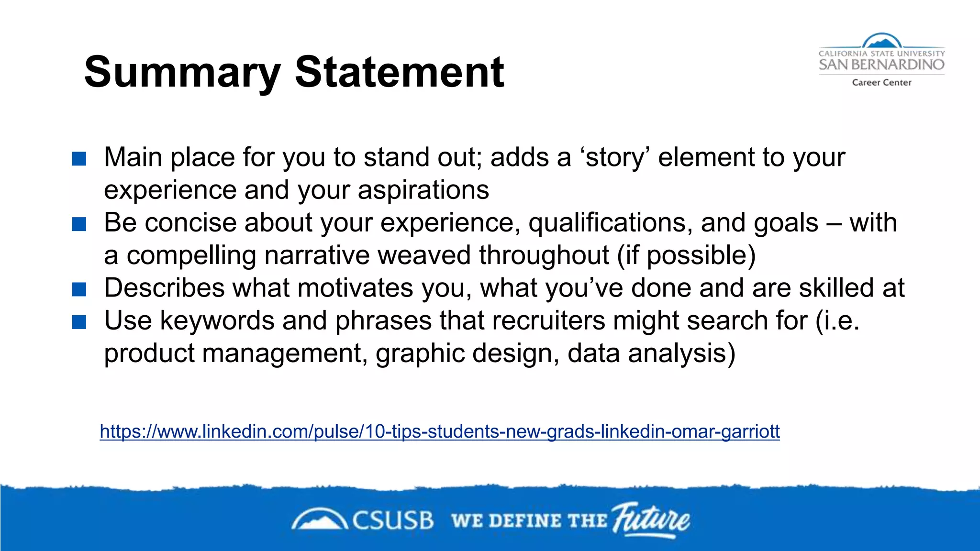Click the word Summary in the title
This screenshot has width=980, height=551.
pyautogui.click(x=182, y=73)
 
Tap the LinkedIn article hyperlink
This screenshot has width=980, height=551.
pyautogui.click(x=439, y=431)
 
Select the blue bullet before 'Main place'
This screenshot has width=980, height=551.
pyautogui.click(x=79, y=159)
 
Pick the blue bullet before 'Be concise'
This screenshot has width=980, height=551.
pyautogui.click(x=79, y=224)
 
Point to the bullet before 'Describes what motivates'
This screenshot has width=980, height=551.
pyautogui.click(x=79, y=289)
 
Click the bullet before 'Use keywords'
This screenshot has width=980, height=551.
pyautogui.click(x=79, y=322)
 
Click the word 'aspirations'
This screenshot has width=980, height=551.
pyautogui.click(x=423, y=190)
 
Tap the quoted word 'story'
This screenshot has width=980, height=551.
pyautogui.click(x=614, y=158)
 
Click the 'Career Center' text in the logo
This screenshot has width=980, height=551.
pyautogui.click(x=881, y=83)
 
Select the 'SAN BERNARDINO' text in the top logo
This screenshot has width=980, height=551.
pyautogui.click(x=881, y=65)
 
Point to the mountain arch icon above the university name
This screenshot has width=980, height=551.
pyautogui.click(x=881, y=41)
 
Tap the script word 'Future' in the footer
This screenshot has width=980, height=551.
pyautogui.click(x=651, y=519)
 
